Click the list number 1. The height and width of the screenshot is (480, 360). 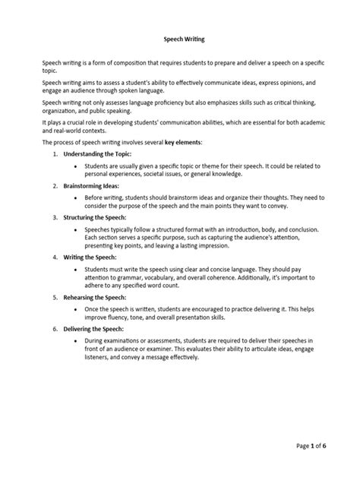coord(55,153)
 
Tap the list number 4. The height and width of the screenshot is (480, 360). coord(55,257)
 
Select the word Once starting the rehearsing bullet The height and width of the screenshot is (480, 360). coord(94,311)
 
